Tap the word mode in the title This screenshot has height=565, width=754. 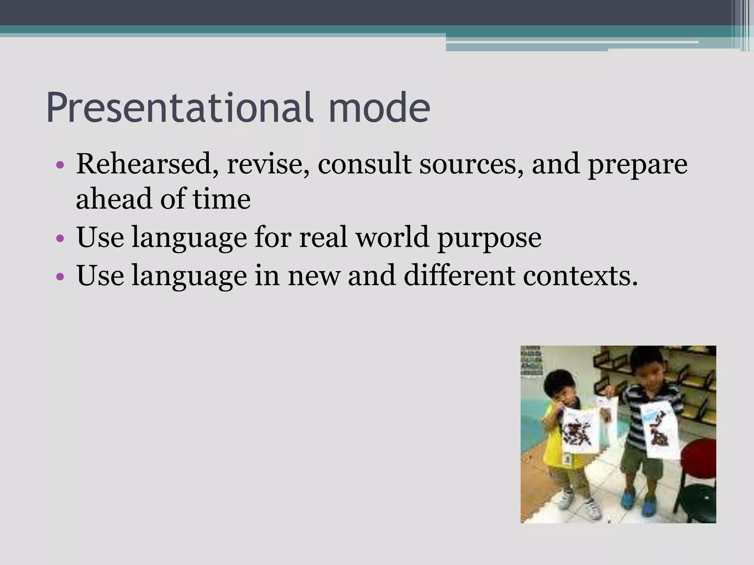pyautogui.click(x=379, y=107)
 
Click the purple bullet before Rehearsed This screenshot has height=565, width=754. pyautogui.click(x=61, y=164)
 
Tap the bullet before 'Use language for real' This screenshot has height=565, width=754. pyautogui.click(x=61, y=239)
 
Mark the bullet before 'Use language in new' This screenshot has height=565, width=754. pyautogui.click(x=61, y=276)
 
